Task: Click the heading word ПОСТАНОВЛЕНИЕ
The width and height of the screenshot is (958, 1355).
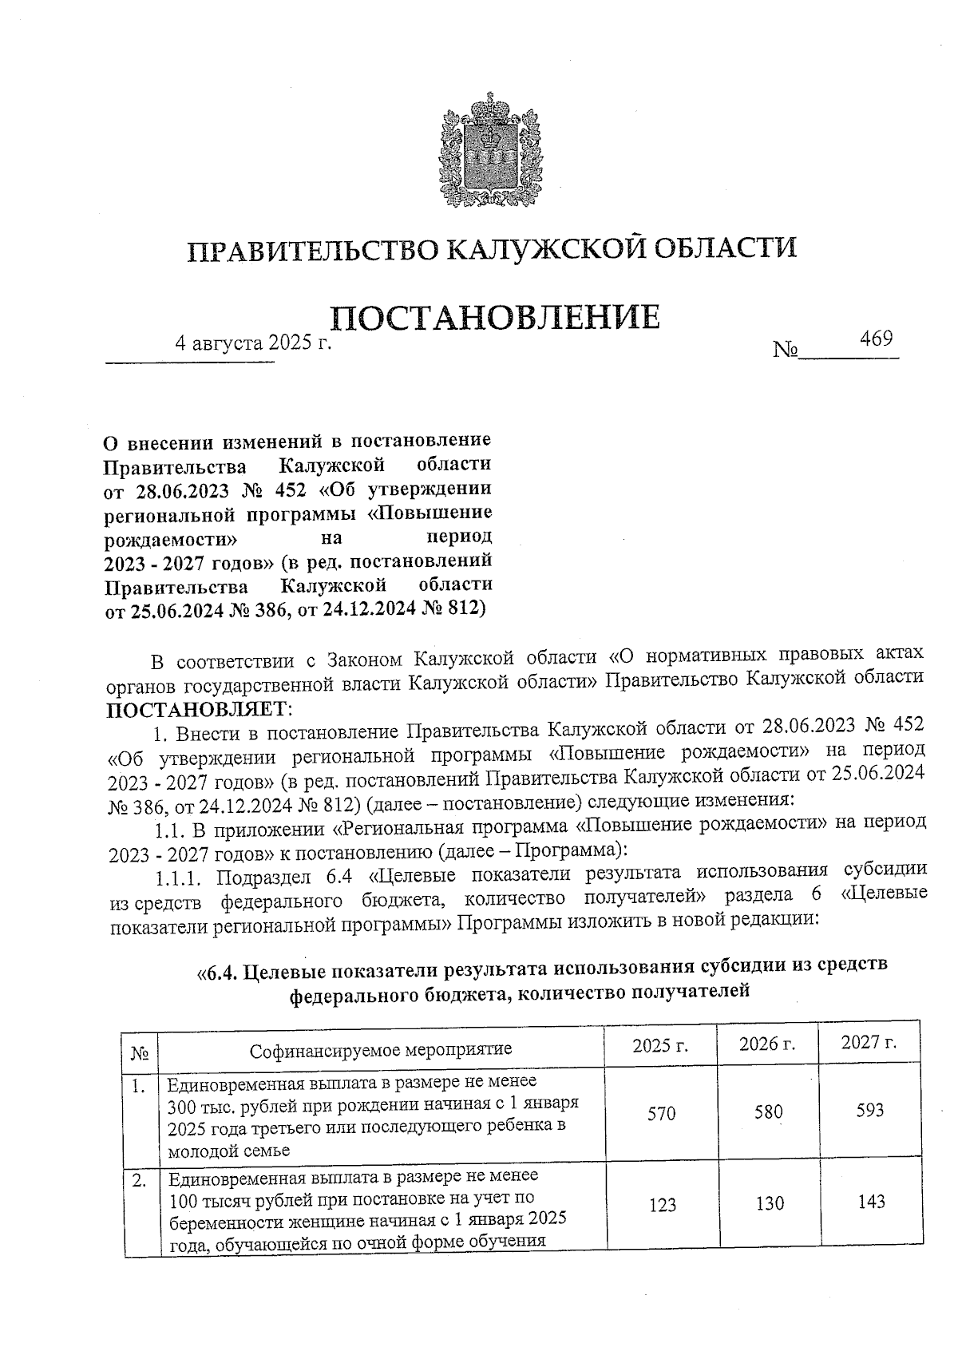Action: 495,317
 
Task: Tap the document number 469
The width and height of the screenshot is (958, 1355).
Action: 876,339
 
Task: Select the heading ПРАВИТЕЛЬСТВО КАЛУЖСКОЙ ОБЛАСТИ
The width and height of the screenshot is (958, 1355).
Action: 493,248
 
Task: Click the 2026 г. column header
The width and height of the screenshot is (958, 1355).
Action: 767,1044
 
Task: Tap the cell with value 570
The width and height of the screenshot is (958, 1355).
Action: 661,1112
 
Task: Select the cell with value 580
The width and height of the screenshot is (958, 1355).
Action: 768,1111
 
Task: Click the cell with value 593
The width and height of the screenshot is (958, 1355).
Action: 869,1110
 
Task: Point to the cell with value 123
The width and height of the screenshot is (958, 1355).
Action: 662,1204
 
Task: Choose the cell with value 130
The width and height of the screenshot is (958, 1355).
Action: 770,1202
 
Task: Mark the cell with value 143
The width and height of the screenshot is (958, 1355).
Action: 870,1201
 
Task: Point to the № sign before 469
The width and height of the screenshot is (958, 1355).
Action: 786,350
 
